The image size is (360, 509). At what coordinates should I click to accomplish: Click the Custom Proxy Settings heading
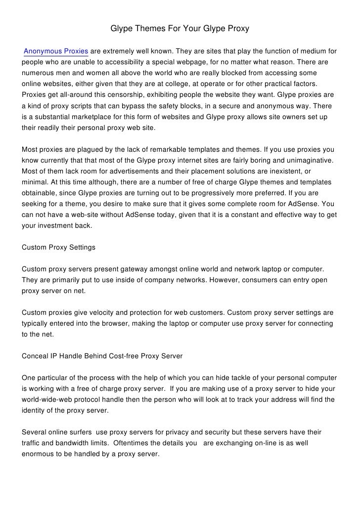[x=59, y=247]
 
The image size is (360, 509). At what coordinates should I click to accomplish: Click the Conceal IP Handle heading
[x=102, y=356]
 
